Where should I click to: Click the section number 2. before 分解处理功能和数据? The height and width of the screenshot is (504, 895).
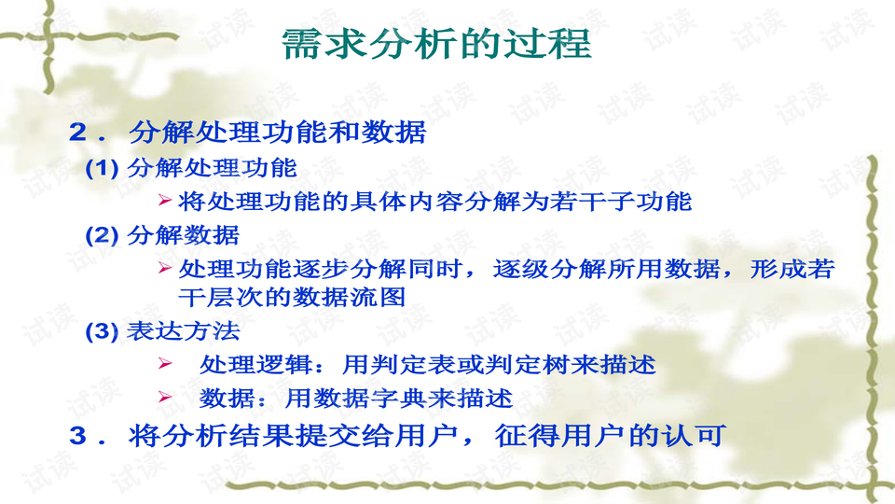(x=89, y=133)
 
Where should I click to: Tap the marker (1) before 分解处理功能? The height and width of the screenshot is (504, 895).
(x=103, y=169)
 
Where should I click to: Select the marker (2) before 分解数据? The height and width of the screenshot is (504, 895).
(x=103, y=235)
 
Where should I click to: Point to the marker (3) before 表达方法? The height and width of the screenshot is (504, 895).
(x=103, y=331)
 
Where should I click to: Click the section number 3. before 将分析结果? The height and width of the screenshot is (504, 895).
(x=89, y=436)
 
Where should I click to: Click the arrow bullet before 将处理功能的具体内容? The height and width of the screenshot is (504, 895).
(x=164, y=201)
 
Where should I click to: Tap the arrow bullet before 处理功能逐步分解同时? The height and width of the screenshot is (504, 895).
(x=164, y=269)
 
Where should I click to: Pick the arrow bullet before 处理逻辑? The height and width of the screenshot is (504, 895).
(x=164, y=364)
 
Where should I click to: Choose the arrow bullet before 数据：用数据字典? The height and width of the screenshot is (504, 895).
(x=164, y=398)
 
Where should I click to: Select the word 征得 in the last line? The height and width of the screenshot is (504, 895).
(x=501, y=436)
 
